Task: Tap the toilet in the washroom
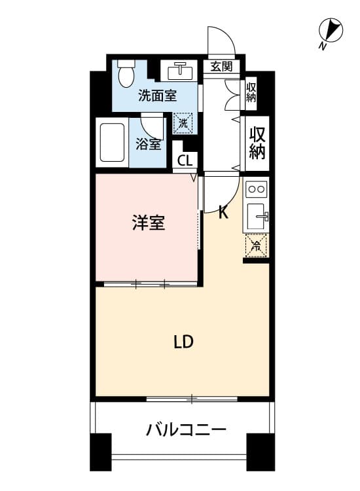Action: click(x=126, y=73)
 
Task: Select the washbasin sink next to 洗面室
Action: click(x=180, y=71)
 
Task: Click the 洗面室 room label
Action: click(x=158, y=96)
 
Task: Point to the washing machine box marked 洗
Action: click(x=183, y=123)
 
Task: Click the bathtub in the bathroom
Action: click(x=112, y=143)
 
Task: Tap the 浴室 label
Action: click(x=149, y=144)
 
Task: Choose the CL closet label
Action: click(x=185, y=160)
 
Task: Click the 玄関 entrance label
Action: click(x=221, y=66)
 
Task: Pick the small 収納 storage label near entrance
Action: click(x=251, y=92)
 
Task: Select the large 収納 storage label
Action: click(x=257, y=143)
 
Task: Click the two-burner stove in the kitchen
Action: click(x=256, y=189)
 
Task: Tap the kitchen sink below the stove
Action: click(x=257, y=216)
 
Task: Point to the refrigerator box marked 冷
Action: click(x=256, y=245)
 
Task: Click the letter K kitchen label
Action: click(x=223, y=213)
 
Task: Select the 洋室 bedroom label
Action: click(x=149, y=223)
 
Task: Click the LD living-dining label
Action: click(x=184, y=342)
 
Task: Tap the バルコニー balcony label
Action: click(x=186, y=429)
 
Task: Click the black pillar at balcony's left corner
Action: click(x=101, y=452)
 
